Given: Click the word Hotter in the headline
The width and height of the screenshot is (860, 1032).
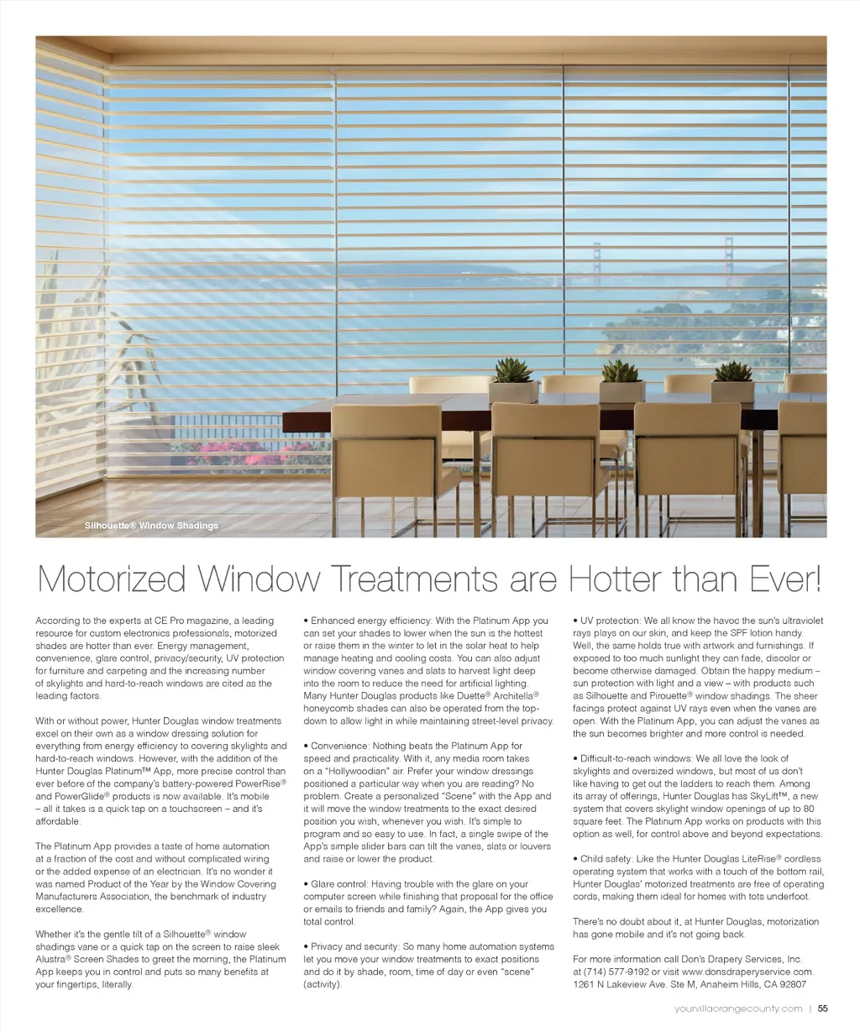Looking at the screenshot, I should pyautogui.click(x=611, y=579).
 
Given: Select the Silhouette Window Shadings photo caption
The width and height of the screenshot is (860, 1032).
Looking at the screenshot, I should pyautogui.click(x=151, y=526).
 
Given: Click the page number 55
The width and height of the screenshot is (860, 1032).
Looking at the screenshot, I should pyautogui.click(x=823, y=1008).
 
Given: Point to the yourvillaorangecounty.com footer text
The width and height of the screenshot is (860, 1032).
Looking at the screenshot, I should pyautogui.click(x=738, y=1008).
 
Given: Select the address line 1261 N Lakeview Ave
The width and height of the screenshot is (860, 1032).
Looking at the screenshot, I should pyautogui.click(x=630, y=984).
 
